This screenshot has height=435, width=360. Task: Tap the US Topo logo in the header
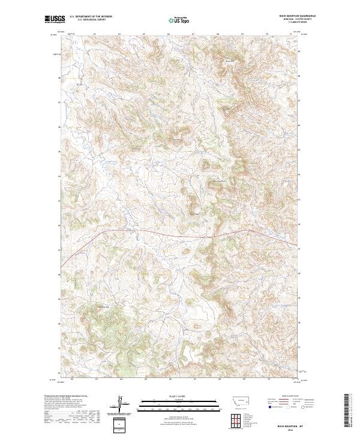(x=179, y=20)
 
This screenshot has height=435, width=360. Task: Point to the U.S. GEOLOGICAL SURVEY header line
(x=91, y=20)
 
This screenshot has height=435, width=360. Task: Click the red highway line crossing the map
(x=180, y=230)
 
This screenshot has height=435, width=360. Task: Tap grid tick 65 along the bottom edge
(x=146, y=379)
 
